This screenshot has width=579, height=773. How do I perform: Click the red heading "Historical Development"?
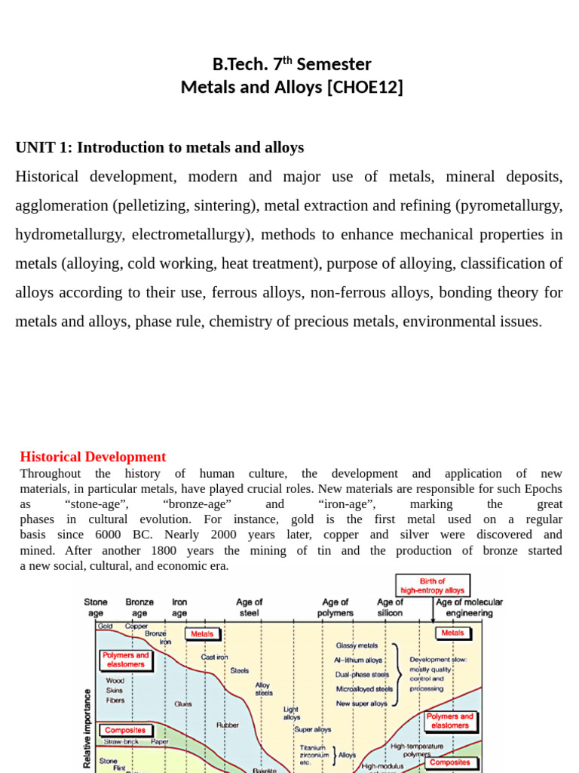click(93, 457)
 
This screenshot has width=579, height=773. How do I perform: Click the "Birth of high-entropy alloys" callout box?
click(433, 586)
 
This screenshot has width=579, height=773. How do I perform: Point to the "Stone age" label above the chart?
click(96, 608)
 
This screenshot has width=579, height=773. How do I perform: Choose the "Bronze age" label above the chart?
click(139, 608)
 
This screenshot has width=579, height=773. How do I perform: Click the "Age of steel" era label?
click(250, 608)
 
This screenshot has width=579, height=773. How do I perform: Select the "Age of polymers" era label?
click(335, 608)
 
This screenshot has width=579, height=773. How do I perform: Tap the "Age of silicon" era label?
click(391, 608)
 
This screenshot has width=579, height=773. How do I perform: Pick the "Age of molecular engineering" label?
click(469, 608)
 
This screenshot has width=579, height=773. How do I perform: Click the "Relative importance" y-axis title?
click(87, 728)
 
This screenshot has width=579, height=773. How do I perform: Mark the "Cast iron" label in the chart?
click(214, 657)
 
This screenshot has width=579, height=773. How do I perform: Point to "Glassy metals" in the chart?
click(357, 646)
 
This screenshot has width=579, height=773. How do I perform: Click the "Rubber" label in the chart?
click(228, 725)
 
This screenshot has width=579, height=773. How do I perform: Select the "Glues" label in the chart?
click(182, 704)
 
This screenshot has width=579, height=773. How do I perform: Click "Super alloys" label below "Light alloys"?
click(313, 729)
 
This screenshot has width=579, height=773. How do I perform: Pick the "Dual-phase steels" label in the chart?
click(363, 674)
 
